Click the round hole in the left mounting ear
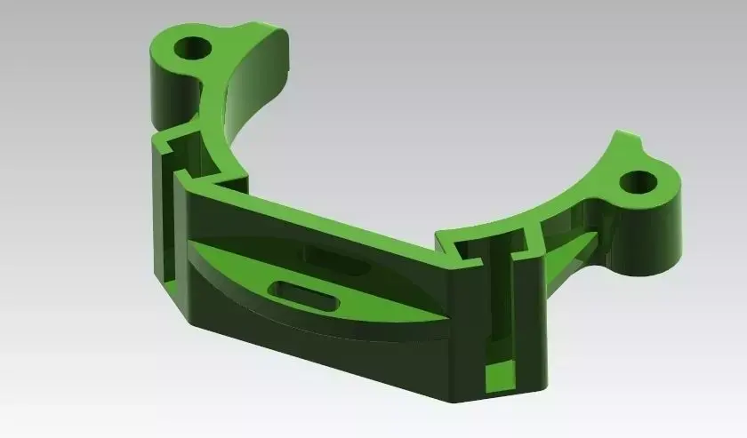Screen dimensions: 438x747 tap(191, 47)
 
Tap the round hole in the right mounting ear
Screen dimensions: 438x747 tap(637, 183)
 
